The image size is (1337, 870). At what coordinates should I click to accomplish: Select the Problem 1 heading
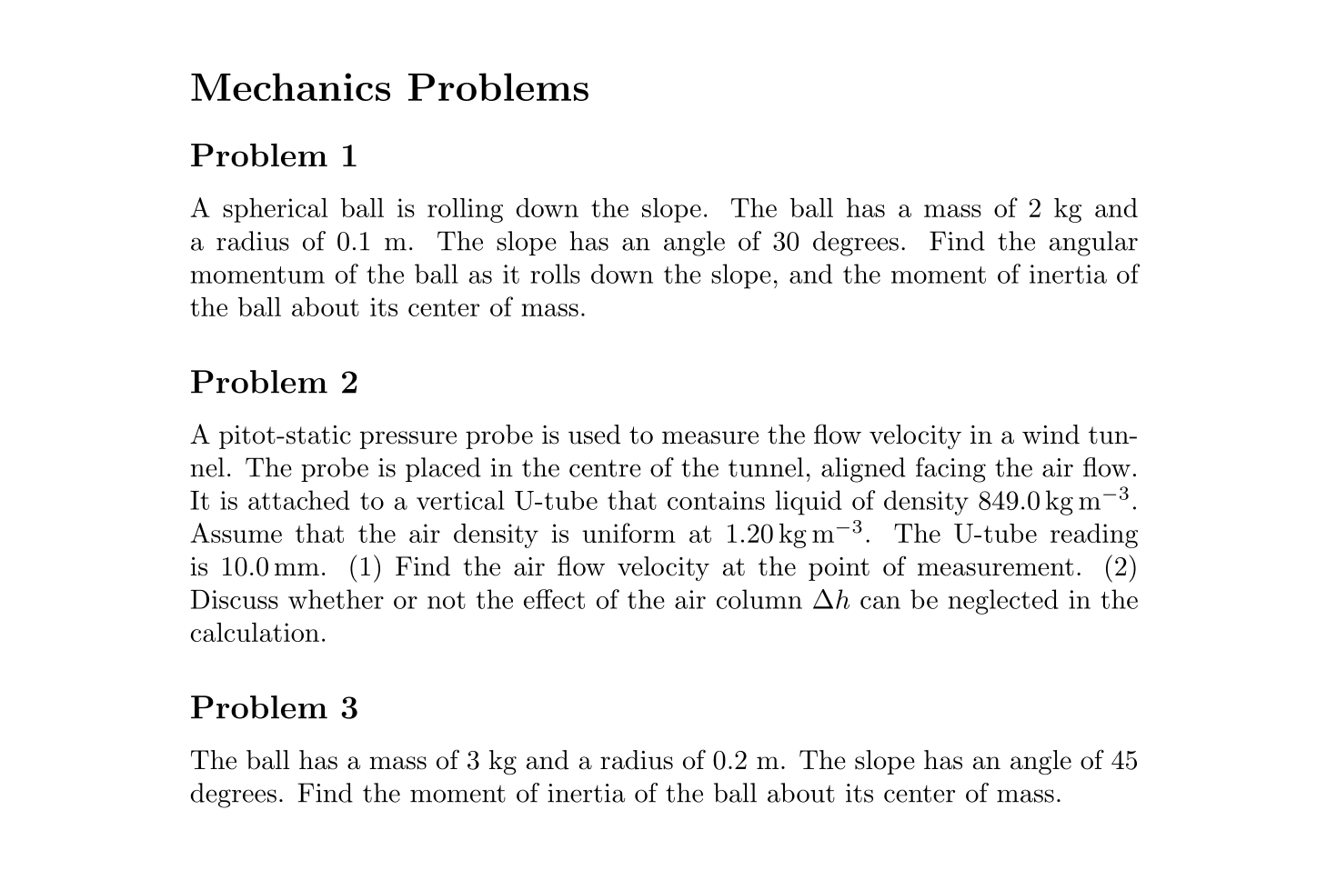(x=274, y=156)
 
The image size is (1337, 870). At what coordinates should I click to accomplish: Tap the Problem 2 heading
(x=274, y=383)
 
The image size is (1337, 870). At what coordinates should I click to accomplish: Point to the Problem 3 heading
(x=274, y=707)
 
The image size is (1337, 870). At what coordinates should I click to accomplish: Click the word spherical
(x=275, y=210)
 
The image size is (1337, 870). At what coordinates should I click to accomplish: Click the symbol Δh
(x=830, y=601)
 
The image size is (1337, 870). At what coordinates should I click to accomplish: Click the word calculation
(x=257, y=634)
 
